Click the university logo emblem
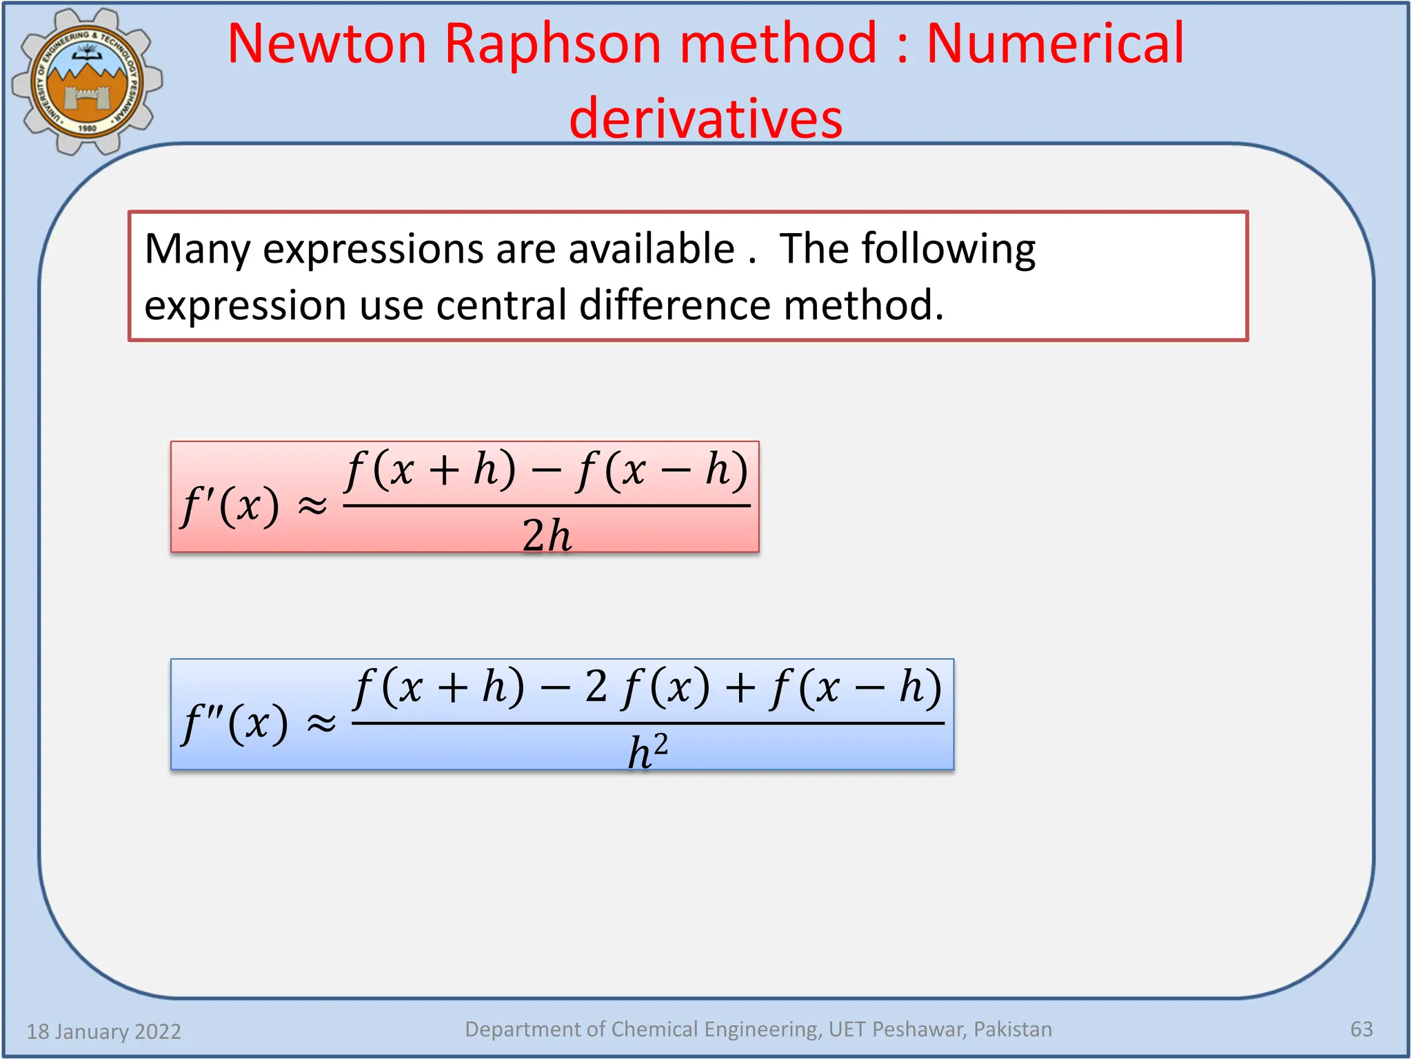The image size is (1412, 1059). click(x=87, y=81)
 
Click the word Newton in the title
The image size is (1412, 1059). click(x=327, y=44)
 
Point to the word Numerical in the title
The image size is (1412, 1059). click(x=1055, y=44)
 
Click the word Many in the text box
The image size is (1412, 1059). click(x=197, y=250)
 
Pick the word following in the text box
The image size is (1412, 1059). click(x=948, y=250)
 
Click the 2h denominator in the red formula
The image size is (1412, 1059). click(x=547, y=535)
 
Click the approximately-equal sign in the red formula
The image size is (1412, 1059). click(x=312, y=506)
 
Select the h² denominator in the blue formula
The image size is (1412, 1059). click(x=647, y=751)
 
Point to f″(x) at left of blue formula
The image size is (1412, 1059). click(x=234, y=723)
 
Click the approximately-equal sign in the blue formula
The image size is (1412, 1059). click(x=321, y=723)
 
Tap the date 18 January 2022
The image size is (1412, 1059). click(x=103, y=1031)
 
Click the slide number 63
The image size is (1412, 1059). click(x=1361, y=1029)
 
